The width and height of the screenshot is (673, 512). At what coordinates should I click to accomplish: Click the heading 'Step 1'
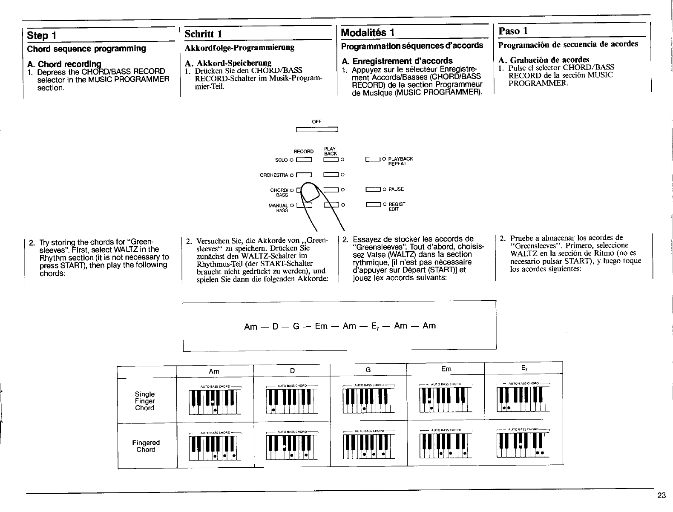pyautogui.click(x=42, y=35)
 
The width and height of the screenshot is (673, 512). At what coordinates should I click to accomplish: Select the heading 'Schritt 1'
pyautogui.click(x=201, y=33)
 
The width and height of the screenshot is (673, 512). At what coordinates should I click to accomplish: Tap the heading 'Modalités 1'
pyautogui.click(x=367, y=32)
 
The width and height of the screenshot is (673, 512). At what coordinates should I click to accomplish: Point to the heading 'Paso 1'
pyautogui.click(x=514, y=31)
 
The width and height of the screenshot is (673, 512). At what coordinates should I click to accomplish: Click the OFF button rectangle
pyautogui.click(x=316, y=130)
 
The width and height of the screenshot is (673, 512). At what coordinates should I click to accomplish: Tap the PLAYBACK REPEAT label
pyautogui.click(x=400, y=161)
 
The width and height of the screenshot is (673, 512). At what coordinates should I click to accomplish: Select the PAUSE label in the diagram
pyautogui.click(x=396, y=189)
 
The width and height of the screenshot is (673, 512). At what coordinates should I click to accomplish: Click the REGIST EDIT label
pyautogui.click(x=397, y=207)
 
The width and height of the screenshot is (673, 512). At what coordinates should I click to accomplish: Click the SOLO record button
pyautogui.click(x=305, y=160)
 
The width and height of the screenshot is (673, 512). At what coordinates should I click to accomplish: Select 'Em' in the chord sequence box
pyautogui.click(x=321, y=326)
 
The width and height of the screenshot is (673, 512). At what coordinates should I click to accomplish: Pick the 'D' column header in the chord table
pyautogui.click(x=292, y=371)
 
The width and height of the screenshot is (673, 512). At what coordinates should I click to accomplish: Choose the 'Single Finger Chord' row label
pyautogui.click(x=145, y=401)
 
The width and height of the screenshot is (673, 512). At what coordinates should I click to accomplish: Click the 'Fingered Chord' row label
pyautogui.click(x=146, y=446)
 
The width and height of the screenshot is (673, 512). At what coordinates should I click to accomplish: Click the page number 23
pyautogui.click(x=661, y=495)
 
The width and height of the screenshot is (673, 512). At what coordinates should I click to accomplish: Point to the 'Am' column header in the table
pyautogui.click(x=214, y=371)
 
